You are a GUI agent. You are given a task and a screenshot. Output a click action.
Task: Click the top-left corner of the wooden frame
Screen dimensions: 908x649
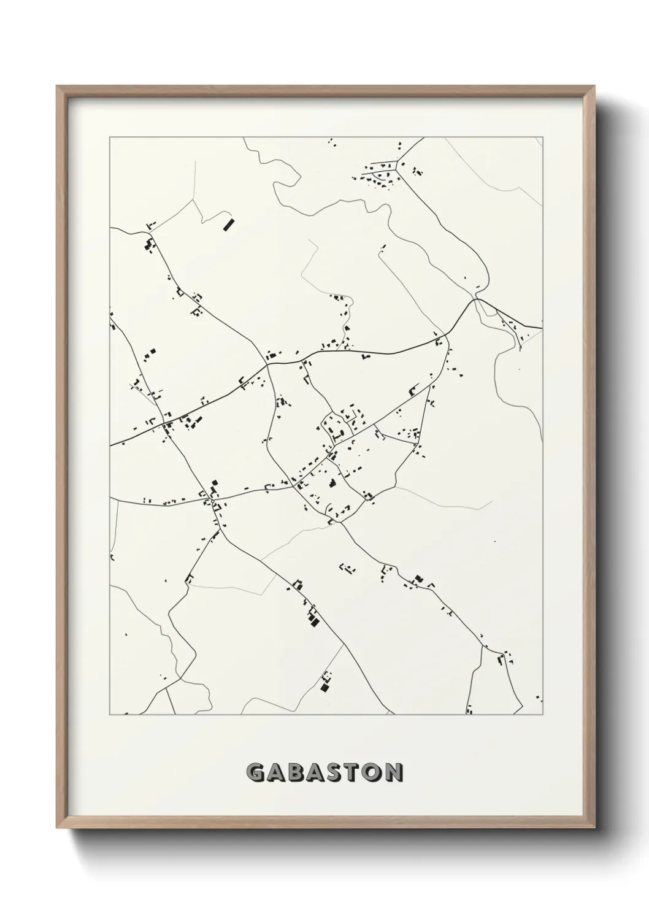pyautogui.click(x=57, y=87)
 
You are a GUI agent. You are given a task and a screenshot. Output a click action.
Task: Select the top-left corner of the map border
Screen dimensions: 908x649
pyautogui.click(x=110, y=137)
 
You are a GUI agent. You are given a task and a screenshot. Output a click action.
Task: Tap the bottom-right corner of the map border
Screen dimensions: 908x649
pyautogui.click(x=543, y=715)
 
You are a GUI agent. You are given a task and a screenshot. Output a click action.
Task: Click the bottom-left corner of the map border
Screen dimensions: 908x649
pyautogui.click(x=110, y=715)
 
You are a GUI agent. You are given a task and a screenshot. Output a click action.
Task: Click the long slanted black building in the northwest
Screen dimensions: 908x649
pyautogui.click(x=228, y=224)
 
